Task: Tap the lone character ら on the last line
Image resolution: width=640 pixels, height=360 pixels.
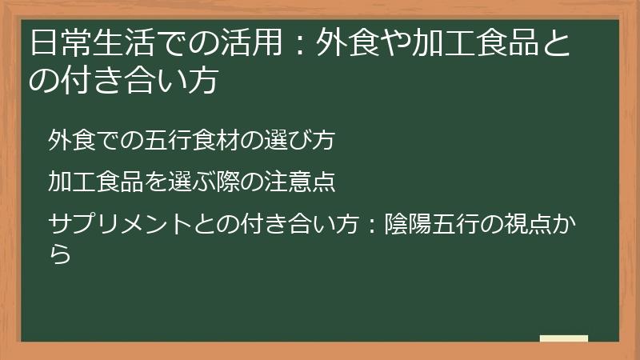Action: pos(58,254)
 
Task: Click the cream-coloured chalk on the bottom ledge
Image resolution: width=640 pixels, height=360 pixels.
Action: pos(564,338)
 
